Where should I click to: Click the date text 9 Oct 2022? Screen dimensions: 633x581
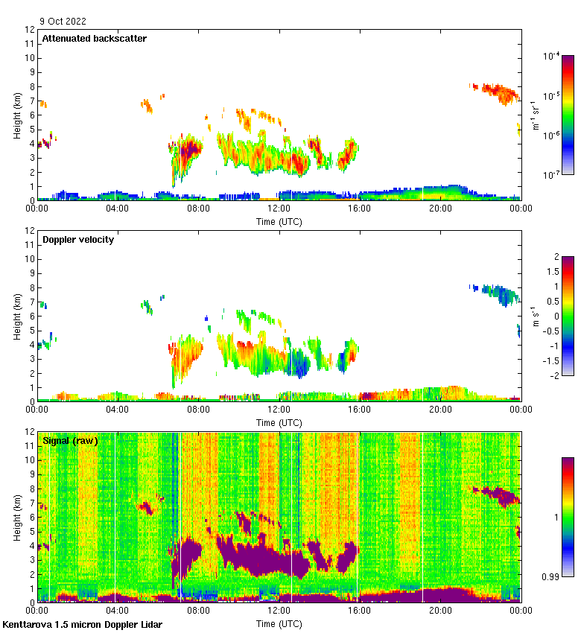64,21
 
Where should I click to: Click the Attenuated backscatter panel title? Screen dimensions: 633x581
95,38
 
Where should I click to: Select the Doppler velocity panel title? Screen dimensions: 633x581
78,239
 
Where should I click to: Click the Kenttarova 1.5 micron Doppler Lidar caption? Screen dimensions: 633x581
82,624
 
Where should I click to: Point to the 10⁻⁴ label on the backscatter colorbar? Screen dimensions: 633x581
551,56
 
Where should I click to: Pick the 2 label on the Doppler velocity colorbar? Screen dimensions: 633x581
556,257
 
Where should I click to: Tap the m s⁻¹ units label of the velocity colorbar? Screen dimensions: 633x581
534,316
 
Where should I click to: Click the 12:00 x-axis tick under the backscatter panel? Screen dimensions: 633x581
279,209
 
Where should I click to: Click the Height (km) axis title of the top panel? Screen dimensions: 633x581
16,115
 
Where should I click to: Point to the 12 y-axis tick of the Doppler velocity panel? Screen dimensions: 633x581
30,231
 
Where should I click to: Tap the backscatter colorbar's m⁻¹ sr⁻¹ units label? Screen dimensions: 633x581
534,115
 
